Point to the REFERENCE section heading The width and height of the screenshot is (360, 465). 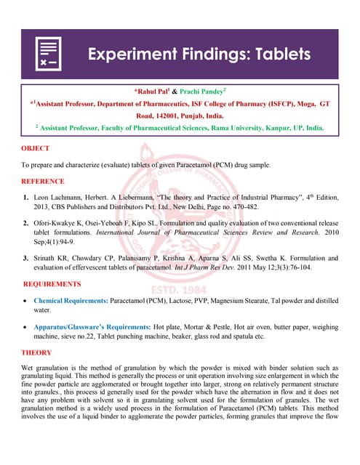click(44, 181)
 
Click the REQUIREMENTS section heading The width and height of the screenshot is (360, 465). click(52, 283)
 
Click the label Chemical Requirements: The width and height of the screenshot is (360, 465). click(71, 300)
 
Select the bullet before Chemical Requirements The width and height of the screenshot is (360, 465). click(27, 300)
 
